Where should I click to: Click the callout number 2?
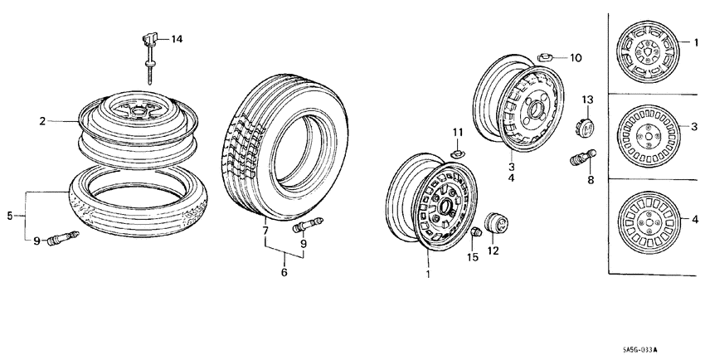pos(41,121)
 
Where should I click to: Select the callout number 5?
pos(10,216)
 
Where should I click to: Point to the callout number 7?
pos(266,230)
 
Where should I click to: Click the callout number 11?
pos(456,133)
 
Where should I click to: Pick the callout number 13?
pos(586,100)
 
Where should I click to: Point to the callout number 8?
pos(591,178)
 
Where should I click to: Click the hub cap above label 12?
pos(495,225)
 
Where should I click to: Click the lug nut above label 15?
pos(476,233)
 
